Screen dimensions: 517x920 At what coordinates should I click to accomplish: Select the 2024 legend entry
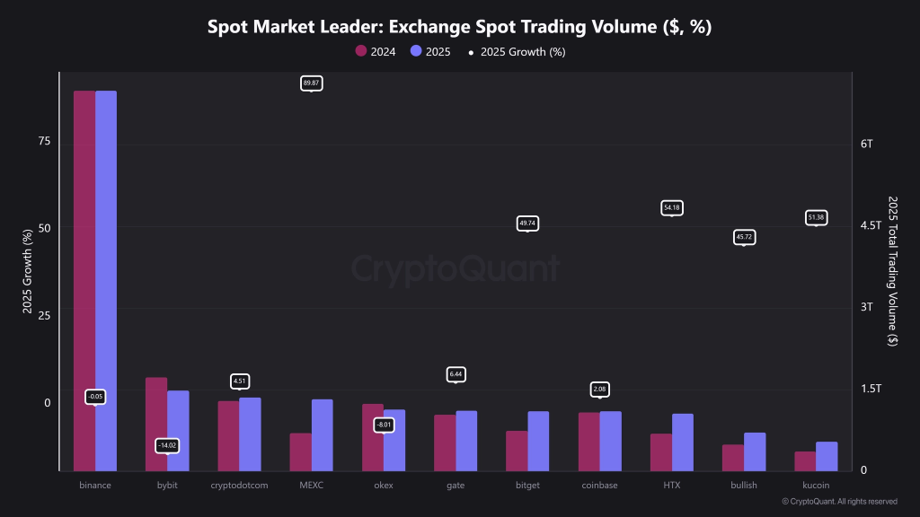[x=376, y=51]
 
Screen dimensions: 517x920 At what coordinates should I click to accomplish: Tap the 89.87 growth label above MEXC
[x=311, y=83]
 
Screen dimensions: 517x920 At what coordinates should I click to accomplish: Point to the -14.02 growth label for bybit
[x=167, y=445]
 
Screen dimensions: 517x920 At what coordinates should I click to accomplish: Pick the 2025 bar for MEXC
[x=322, y=434]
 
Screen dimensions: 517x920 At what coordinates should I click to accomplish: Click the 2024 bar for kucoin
[x=805, y=460]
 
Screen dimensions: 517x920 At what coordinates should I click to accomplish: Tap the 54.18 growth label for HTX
[x=671, y=207]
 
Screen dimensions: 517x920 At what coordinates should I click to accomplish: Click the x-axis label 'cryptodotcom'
[x=239, y=486]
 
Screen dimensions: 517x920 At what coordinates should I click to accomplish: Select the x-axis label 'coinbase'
[x=599, y=486]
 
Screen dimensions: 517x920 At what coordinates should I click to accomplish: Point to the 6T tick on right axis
[x=866, y=144]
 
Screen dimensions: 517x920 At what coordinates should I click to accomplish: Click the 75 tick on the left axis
[x=44, y=142]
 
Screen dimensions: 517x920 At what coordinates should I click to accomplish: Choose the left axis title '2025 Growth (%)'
[x=27, y=270]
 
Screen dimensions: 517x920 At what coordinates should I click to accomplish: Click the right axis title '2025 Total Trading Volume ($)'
[x=892, y=270]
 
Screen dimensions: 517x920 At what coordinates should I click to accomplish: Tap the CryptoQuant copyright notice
[x=839, y=502]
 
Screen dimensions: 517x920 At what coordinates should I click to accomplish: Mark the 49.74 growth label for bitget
[x=527, y=223]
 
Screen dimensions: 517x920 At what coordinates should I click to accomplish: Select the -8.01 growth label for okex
[x=384, y=425]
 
